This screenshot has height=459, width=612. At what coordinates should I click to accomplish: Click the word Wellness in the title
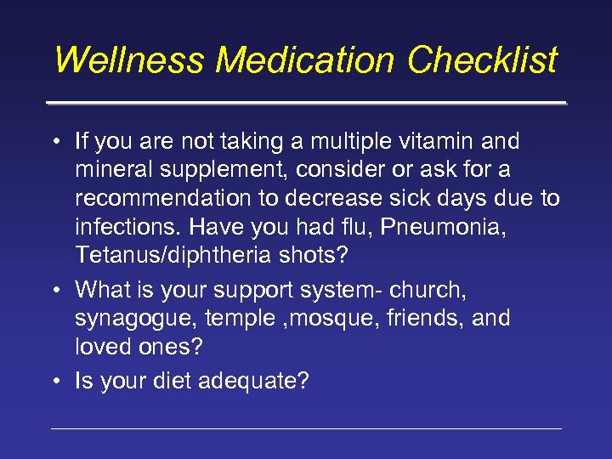tap(130, 60)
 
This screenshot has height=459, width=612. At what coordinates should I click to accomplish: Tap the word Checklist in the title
tap(482, 60)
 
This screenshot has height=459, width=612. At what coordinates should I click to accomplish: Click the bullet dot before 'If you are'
tap(54, 141)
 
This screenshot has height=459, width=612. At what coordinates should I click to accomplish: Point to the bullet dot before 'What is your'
tap(54, 290)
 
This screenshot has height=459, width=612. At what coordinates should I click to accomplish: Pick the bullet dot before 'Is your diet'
tap(54, 382)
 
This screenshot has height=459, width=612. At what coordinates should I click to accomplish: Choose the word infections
tap(128, 229)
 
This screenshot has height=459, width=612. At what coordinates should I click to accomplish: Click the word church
tap(428, 289)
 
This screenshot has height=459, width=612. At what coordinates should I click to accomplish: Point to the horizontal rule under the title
tap(306, 103)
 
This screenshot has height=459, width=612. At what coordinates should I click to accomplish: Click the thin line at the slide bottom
tap(306, 428)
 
